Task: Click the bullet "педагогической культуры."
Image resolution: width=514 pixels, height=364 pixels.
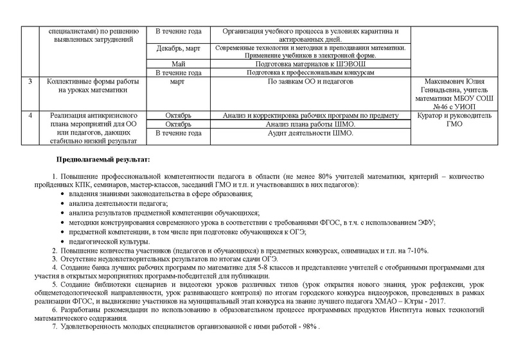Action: [105, 241]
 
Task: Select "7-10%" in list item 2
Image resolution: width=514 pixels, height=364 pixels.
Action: [417, 250]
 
